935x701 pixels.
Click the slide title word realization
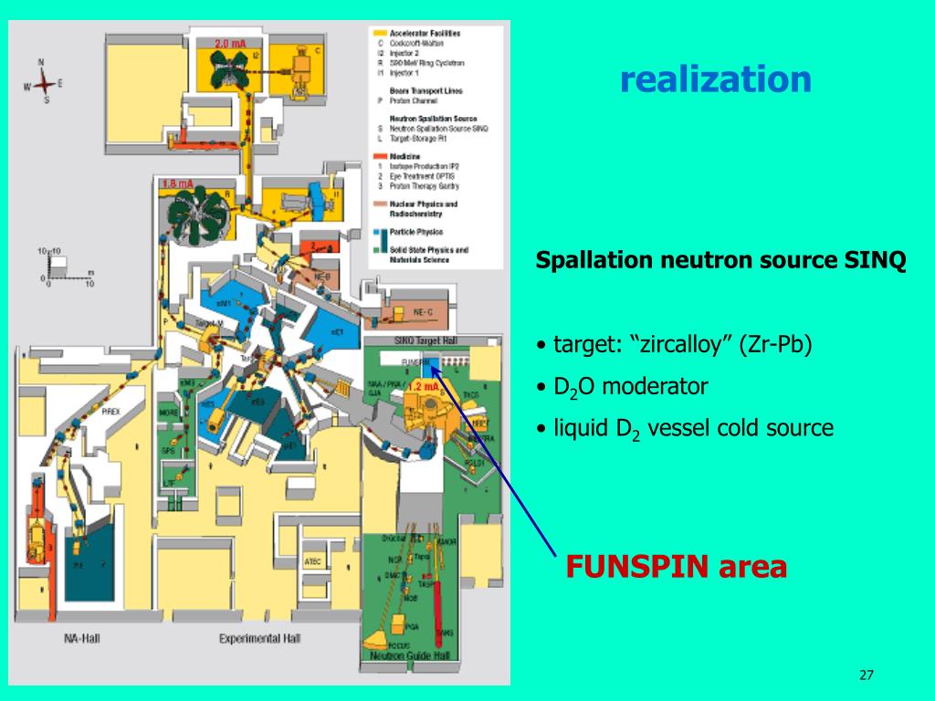coord(715,79)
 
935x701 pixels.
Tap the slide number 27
coord(867,675)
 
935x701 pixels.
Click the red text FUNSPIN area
coord(676,567)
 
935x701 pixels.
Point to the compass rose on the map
coord(43,84)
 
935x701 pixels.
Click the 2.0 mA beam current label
coord(231,44)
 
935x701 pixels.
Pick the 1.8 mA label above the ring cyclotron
coord(178,183)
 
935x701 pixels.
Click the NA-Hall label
coord(82,638)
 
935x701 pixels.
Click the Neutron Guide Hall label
coord(409,655)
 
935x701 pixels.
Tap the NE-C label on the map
coord(423,311)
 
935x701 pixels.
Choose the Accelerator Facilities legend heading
coord(425,33)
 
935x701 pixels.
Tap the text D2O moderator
coord(630,387)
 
